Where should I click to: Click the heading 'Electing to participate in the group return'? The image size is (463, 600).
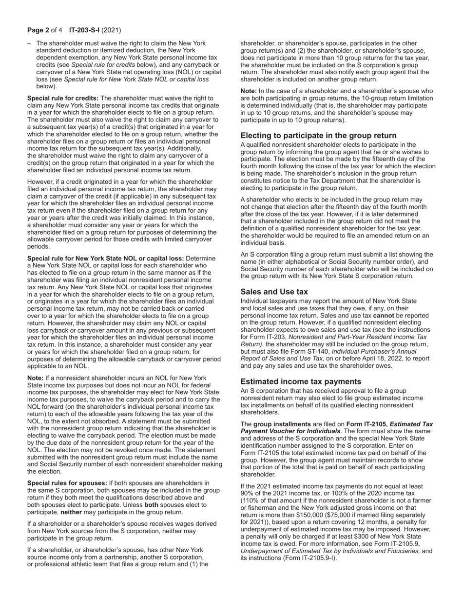[318, 136]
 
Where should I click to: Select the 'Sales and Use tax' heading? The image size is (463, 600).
[274, 292]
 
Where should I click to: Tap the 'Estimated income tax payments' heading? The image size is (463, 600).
[301, 381]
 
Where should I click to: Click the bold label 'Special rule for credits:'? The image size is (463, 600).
[63, 98]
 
